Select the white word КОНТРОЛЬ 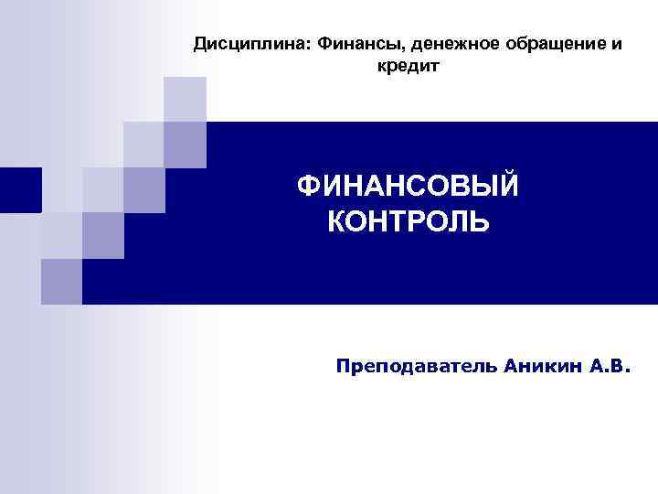pos(408,221)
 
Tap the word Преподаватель pos(416,366)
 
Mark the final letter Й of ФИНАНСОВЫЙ pos(507,186)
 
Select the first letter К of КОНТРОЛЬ pos(336,221)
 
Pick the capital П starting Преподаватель pos(343,366)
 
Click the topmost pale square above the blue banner pos(186,99)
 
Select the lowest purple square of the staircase pos(61,281)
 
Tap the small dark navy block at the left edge pos(20,189)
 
